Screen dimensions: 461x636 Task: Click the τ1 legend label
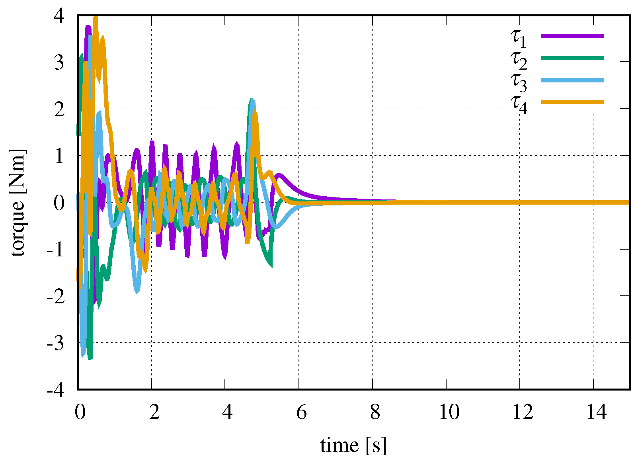519,37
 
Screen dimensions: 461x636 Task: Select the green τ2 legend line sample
572,58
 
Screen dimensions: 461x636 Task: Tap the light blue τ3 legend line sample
572,80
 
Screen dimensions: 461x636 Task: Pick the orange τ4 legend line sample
572,102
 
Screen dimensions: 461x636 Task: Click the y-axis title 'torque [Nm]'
18,203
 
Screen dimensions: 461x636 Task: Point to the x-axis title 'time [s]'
353,445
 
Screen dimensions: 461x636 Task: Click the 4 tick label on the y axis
59,16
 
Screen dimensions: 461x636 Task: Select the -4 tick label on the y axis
55,390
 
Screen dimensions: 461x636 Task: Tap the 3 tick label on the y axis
59,63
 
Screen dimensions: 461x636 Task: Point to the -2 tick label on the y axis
55,297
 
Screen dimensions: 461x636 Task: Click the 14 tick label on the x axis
596,412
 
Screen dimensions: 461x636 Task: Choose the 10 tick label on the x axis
449,412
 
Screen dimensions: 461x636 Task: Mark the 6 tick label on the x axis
301,412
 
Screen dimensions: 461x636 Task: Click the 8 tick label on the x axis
375,412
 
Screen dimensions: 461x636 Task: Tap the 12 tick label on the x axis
523,412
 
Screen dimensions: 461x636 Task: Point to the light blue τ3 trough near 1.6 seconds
137,292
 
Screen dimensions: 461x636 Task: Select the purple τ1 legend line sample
572,36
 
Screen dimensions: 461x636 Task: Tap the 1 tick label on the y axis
59,156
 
